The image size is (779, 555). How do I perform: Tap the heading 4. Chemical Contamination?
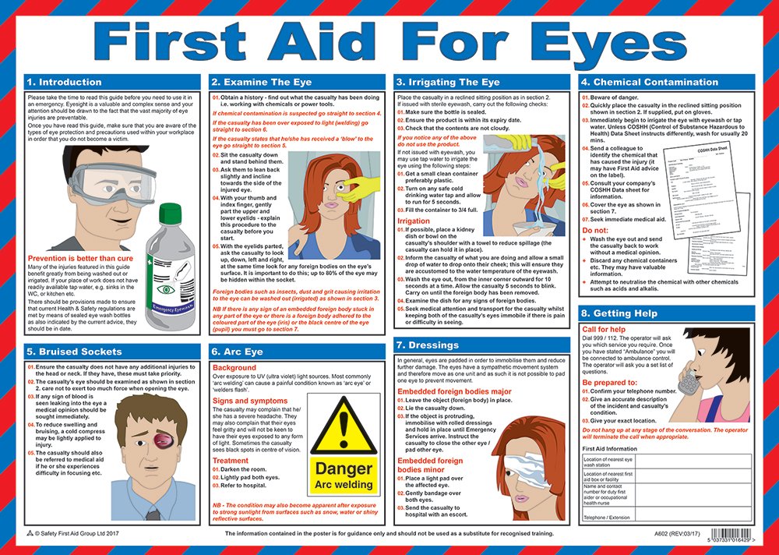point(649,82)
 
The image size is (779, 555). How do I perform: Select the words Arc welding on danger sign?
point(343,484)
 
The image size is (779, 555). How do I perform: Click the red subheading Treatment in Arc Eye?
point(231,461)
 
